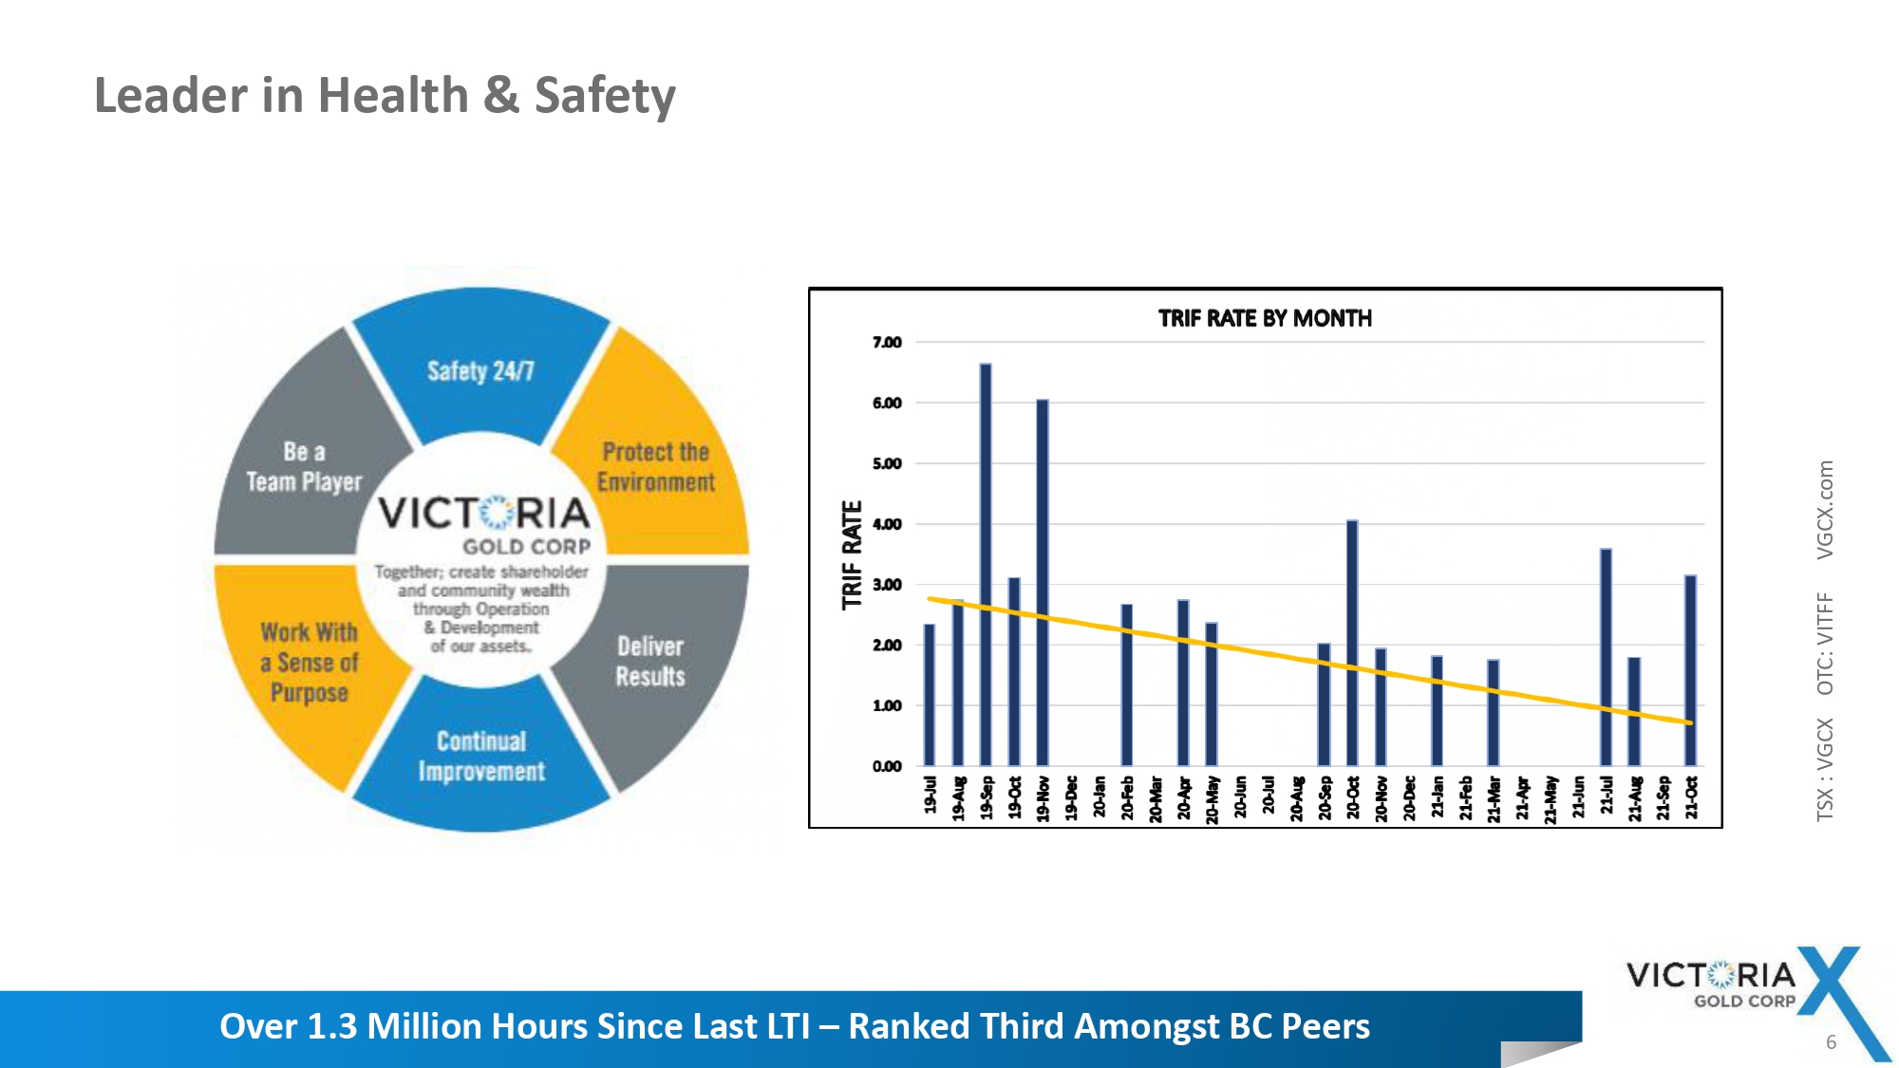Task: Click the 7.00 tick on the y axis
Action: [887, 343]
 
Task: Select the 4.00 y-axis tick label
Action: [887, 524]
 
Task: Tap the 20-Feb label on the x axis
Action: [1127, 797]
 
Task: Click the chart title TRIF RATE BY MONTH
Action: [1265, 319]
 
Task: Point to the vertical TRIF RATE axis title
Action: [853, 554]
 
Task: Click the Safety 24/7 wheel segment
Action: [480, 370]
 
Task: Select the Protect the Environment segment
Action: [655, 466]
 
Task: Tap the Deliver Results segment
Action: [650, 661]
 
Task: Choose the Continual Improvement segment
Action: [481, 756]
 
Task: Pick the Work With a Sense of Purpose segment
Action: [310, 662]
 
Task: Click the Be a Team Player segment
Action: [304, 466]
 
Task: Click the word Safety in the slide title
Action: [605, 96]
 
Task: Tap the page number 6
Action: [1831, 1042]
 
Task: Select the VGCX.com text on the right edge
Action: [1825, 510]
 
